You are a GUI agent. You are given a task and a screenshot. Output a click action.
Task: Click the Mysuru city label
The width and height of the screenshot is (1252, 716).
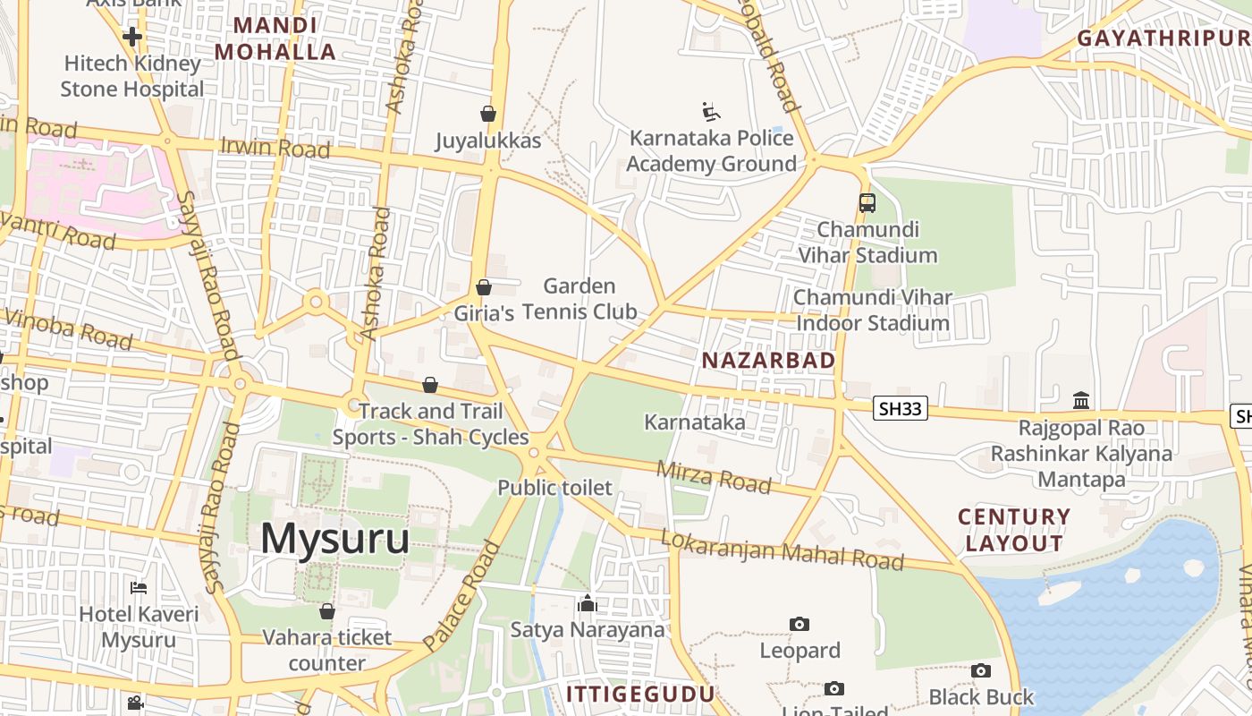[335, 540]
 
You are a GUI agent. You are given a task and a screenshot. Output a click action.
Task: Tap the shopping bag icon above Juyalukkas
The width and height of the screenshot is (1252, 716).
[488, 114]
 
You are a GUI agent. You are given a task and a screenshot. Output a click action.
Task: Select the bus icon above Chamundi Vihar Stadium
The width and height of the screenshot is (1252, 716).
[867, 203]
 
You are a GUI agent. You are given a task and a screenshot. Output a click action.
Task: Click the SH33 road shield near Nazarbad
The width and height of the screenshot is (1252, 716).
[901, 410]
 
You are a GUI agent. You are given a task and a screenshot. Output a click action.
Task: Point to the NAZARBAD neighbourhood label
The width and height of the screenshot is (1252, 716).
[769, 361]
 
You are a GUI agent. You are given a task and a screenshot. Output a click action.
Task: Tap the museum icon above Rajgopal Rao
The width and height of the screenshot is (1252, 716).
[1081, 399]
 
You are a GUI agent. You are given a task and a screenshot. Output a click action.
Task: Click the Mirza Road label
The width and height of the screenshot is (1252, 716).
[714, 477]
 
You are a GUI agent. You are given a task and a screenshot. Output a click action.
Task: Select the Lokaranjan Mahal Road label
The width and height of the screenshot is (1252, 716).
[782, 550]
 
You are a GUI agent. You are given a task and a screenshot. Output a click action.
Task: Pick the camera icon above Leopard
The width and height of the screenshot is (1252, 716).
[799, 624]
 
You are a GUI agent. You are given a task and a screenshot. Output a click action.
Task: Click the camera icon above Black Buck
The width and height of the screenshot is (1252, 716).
[981, 670]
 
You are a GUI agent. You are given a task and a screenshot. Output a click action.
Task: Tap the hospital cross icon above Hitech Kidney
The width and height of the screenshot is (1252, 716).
[132, 37]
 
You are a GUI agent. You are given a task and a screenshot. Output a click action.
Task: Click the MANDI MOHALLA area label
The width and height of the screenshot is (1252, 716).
[275, 38]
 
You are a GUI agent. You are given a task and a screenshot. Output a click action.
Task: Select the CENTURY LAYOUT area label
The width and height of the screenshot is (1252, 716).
[1014, 530]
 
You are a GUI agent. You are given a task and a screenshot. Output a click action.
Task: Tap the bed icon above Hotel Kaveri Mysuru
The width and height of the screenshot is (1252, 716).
[139, 588]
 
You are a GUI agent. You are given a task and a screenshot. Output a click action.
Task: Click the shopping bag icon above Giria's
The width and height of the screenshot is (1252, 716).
[484, 287]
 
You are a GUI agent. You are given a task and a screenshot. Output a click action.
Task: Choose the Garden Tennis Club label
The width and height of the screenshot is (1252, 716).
[579, 299]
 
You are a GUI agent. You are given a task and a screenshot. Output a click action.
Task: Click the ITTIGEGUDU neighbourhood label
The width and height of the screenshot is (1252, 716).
[640, 695]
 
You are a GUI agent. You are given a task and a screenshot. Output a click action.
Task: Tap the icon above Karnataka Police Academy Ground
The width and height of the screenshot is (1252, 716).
[711, 112]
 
